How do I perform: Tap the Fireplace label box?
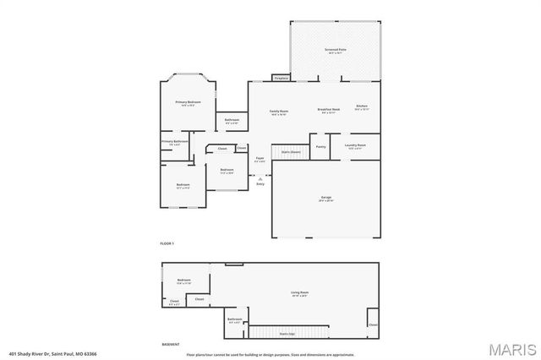coord(281,79)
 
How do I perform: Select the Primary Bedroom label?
coord(187,103)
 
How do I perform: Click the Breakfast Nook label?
coord(328,111)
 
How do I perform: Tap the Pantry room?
coord(321,147)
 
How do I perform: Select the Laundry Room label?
coord(355,145)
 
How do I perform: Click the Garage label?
coord(326,199)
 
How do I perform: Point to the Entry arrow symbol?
coord(260,177)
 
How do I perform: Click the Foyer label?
coord(261,159)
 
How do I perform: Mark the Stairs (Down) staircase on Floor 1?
coord(292,153)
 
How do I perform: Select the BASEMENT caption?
coord(171,345)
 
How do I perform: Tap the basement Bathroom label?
coord(235,319)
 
